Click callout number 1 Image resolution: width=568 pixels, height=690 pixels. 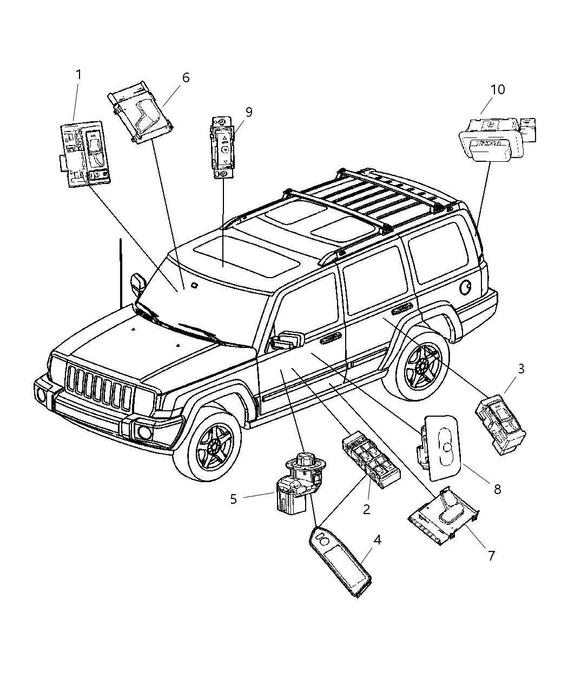[78, 74]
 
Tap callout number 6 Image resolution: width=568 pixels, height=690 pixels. [186, 77]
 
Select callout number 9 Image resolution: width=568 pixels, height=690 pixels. [248, 112]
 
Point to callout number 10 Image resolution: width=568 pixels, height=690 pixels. [497, 89]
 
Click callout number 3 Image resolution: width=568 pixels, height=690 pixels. [521, 369]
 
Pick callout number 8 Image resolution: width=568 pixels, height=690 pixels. [497, 489]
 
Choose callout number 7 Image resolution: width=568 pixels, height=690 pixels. [491, 555]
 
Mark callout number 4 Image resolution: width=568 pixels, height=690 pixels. [377, 540]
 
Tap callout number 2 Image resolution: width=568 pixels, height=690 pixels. [366, 509]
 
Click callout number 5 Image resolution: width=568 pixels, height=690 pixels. [233, 498]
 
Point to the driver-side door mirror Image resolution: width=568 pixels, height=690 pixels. [288, 340]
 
